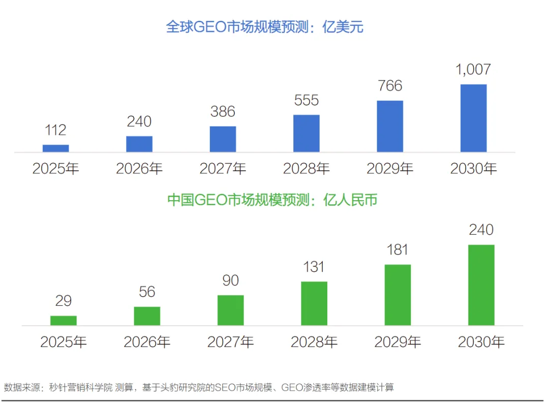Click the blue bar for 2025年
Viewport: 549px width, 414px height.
coord(55,148)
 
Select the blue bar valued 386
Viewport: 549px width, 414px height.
coord(223,139)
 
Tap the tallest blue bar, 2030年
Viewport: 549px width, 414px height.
coord(473,118)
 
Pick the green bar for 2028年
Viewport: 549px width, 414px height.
coord(314,303)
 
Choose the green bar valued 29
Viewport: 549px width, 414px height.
coord(64,321)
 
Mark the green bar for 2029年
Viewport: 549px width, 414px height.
coord(398,295)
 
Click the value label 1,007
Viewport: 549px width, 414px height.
coord(473,70)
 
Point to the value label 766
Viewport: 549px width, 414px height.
coord(390,86)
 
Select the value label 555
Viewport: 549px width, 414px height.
coord(307,101)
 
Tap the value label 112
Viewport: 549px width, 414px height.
coord(55,130)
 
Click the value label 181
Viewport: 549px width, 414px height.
coord(398,250)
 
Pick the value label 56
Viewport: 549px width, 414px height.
coord(147,292)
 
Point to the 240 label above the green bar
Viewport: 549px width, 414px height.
coord(481,230)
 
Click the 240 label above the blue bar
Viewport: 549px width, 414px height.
coord(139,121)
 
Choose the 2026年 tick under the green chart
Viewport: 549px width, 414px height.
coord(147,342)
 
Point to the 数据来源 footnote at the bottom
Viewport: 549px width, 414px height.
coord(199,388)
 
